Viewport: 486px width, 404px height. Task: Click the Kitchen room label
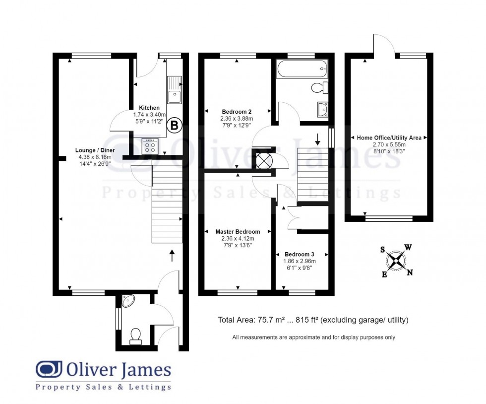point(149,108)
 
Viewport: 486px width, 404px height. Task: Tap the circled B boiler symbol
point(174,126)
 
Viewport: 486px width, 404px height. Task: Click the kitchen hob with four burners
point(149,145)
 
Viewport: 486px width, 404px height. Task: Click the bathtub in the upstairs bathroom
point(302,68)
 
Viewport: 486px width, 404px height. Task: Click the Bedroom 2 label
point(237,112)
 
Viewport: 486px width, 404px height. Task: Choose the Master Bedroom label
point(238,232)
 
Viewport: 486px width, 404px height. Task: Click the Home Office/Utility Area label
point(389,137)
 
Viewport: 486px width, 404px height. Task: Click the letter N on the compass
point(410,272)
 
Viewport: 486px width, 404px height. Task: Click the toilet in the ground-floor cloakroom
point(134,337)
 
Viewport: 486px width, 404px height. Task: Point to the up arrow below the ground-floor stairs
point(172,256)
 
